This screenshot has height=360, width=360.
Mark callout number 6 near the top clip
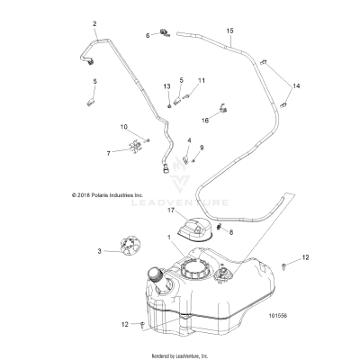pyautogui.click(x=148, y=35)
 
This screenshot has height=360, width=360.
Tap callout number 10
pyautogui.click(x=124, y=127)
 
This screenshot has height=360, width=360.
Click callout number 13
pyautogui.click(x=166, y=85)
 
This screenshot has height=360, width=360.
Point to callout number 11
pyautogui.click(x=201, y=81)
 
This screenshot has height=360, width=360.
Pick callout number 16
pyautogui.click(x=179, y=118)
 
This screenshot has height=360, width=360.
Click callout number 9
pyautogui.click(x=201, y=148)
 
